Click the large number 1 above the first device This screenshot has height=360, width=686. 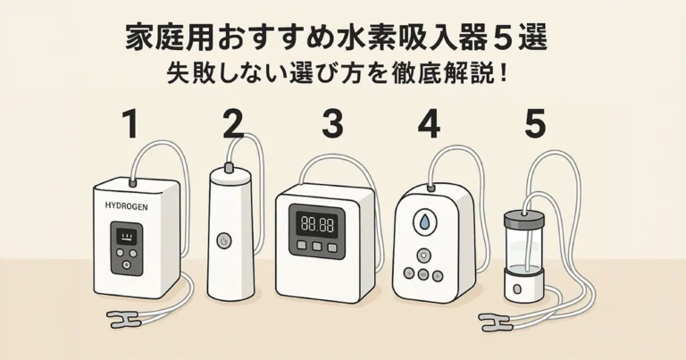coord(130,125)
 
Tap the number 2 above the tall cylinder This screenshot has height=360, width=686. coord(233,125)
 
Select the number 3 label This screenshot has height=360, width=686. coord(332,125)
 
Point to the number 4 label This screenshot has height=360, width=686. coord(430,125)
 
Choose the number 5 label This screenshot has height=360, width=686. coord(534,125)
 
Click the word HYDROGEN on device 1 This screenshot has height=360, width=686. coord(127,205)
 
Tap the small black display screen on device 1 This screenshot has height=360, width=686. coord(126,237)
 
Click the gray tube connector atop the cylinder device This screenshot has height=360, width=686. coord(230,167)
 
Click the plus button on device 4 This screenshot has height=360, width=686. coord(437,274)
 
